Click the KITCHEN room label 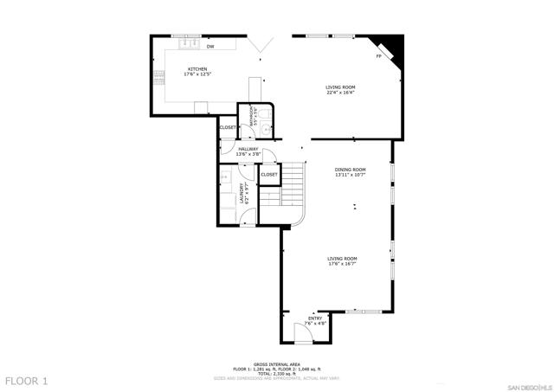(198, 69)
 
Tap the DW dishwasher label (210, 47)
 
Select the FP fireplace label (378, 57)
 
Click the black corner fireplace (395, 44)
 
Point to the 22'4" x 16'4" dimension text (340, 93)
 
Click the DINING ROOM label (351, 170)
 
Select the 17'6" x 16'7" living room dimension (342, 264)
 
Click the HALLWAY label (248, 149)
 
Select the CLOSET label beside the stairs (269, 174)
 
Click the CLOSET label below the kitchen (227, 127)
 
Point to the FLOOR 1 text (26, 381)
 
